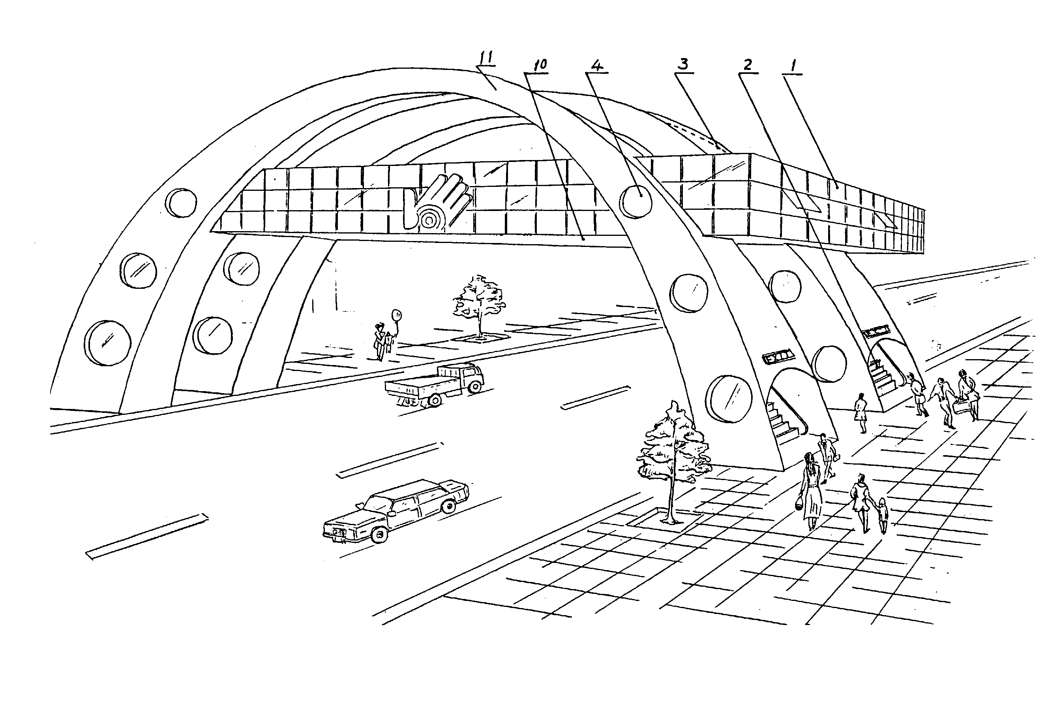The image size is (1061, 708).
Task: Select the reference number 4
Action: click(x=596, y=66)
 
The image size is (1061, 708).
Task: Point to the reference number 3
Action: click(x=683, y=64)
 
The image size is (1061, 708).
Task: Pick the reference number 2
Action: click(x=748, y=66)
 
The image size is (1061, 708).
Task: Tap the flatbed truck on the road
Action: click(x=435, y=385)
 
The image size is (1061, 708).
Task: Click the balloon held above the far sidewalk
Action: click(x=397, y=315)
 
